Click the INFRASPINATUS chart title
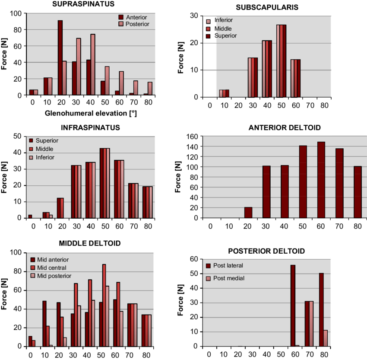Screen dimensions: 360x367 [x=90, y=128]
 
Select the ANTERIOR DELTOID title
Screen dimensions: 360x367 [x=285, y=128]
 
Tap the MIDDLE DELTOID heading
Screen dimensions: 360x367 [x=90, y=244]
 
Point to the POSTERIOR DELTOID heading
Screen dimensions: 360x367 [x=266, y=251]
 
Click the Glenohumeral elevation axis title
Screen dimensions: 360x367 [x=91, y=114]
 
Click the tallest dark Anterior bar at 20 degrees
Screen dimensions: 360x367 [x=60, y=57]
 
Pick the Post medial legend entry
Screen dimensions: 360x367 [x=228, y=278]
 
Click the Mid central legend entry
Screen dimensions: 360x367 [x=51, y=268]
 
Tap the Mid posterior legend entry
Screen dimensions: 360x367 [x=54, y=276]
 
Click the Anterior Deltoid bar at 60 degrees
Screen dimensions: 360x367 [x=321, y=179]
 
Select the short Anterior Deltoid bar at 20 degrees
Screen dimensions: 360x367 [x=248, y=212]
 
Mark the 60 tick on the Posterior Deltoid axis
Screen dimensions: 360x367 [x=194, y=259]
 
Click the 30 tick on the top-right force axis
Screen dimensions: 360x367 [x=194, y=16]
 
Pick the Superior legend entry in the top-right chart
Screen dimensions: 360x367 [x=225, y=36]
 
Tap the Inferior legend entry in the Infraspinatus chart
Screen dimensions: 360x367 [x=45, y=157]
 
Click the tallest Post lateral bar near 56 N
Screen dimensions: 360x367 [x=293, y=305]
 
